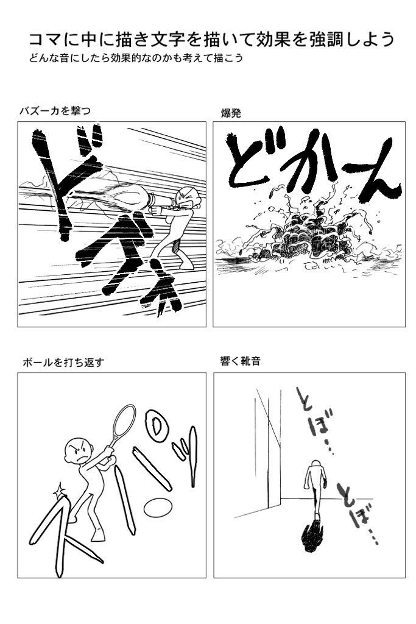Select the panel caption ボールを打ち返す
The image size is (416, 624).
[x=63, y=362]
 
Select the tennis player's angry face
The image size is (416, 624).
[x=76, y=450]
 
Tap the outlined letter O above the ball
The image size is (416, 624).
[x=157, y=428]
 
